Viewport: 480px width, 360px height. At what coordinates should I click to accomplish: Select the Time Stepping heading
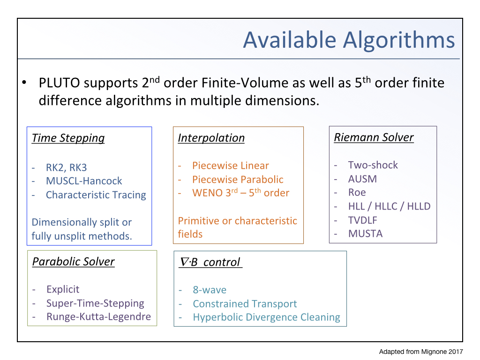[68, 138]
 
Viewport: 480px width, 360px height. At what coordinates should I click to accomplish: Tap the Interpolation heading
[211, 138]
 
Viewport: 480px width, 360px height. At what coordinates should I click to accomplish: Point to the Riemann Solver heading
[374, 137]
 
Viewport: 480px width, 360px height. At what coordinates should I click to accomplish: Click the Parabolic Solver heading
[74, 262]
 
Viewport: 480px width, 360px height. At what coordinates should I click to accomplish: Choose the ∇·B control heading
[210, 262]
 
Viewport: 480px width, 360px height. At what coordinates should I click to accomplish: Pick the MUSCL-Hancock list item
[84, 181]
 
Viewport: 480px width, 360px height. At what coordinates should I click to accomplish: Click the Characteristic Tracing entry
[96, 195]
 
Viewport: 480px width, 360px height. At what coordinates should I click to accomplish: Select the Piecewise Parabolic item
[238, 180]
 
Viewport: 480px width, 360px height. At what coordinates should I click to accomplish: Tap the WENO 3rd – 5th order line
[240, 193]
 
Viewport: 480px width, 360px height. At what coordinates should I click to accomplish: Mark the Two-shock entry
[373, 165]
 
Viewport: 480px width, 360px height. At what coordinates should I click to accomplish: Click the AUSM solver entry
[362, 179]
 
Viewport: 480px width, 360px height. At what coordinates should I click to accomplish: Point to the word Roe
[357, 192]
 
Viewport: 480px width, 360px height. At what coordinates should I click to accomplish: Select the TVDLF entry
[363, 220]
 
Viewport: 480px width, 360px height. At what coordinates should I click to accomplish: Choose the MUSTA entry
[366, 233]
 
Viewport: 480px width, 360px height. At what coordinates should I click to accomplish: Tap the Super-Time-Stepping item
[95, 303]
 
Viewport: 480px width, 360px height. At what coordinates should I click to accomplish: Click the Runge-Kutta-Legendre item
[98, 316]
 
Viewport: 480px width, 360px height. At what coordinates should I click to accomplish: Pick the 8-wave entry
[210, 290]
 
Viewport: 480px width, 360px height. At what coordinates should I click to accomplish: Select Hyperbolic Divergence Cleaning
[266, 317]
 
